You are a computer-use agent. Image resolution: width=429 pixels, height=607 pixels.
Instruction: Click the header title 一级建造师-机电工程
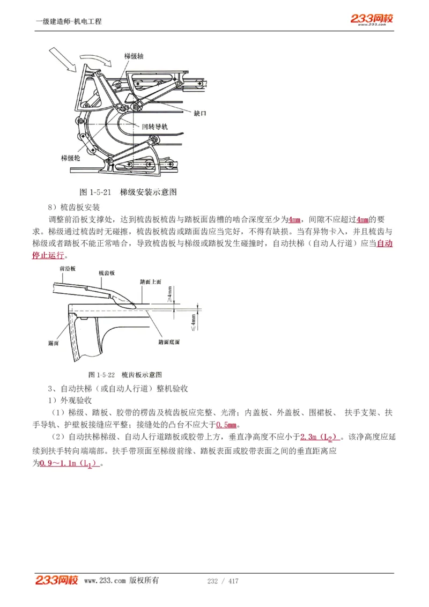tap(69, 21)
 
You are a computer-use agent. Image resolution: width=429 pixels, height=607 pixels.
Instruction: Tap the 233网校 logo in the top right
tap(372, 19)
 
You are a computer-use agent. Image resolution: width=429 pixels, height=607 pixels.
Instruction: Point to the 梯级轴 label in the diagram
tap(134, 56)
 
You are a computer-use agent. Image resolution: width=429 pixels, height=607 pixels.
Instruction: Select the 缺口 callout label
tap(200, 114)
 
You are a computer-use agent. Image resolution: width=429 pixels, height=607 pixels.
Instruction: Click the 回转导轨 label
tap(155, 127)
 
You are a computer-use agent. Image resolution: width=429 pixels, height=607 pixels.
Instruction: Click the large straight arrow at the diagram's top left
tap(63, 60)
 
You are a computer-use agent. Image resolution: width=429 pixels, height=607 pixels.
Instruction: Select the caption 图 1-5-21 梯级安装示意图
tap(128, 192)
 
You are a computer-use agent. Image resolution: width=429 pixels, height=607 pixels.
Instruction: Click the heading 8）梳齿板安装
tap(73, 207)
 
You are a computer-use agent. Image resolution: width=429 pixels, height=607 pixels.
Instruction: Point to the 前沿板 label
tap(68, 268)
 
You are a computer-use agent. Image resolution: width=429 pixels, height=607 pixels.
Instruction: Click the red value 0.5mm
tap(226, 425)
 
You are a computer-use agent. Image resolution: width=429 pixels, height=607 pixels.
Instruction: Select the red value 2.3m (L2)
tap(320, 437)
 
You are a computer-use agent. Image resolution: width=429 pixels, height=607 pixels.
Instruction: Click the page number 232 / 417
tap(223, 581)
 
